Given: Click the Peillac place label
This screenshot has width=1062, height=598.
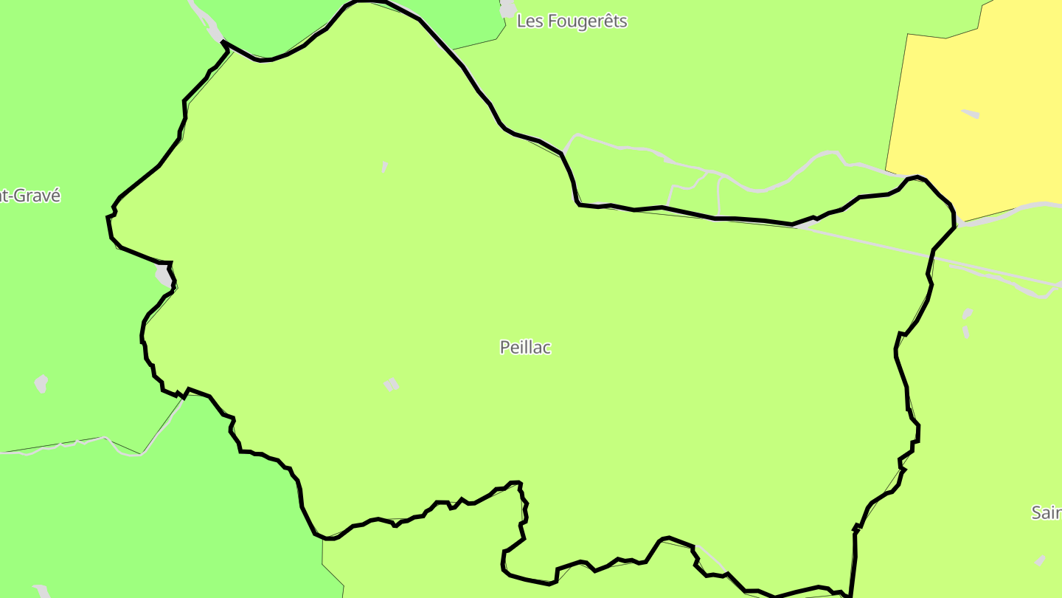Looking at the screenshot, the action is point(525,347).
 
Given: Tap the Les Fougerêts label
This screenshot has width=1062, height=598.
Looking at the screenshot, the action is point(572,21).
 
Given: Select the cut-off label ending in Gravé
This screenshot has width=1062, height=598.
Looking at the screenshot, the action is point(29,196).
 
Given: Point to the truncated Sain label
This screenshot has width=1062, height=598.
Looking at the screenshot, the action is point(1046,512).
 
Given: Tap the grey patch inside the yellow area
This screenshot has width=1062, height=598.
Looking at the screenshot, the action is point(971,114).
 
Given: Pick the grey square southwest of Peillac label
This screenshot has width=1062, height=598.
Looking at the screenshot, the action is point(391,384).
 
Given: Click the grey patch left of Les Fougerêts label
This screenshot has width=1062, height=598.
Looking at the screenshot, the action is point(508,8).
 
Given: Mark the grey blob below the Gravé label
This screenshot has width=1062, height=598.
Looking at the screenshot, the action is point(42,383).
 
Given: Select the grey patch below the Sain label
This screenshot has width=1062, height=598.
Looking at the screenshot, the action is point(1040,561).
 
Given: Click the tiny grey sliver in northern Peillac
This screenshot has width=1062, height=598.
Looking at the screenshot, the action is point(384,168).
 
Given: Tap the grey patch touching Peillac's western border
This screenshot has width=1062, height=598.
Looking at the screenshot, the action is point(163,275).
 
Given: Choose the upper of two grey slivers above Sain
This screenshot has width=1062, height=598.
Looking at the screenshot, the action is point(968,315).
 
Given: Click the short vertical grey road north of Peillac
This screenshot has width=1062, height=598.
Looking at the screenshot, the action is point(718,196).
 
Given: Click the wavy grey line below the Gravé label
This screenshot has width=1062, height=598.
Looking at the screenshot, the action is point(66,445).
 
